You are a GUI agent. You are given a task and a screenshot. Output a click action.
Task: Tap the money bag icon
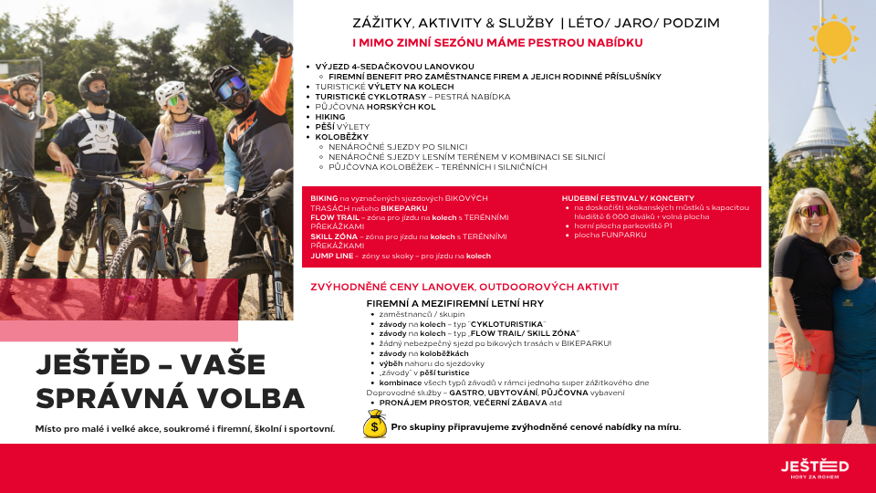[x=375, y=425]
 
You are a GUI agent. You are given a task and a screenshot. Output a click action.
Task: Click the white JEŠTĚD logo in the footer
[x=814, y=467]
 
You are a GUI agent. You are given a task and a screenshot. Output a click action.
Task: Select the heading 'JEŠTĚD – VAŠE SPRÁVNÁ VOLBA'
[x=170, y=382]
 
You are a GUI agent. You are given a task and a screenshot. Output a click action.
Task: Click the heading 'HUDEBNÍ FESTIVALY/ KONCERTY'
[x=628, y=198]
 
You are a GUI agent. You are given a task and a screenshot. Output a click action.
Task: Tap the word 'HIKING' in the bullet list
[x=330, y=117]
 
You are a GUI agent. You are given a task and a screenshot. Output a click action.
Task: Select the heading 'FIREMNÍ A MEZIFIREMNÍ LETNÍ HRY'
[x=454, y=302]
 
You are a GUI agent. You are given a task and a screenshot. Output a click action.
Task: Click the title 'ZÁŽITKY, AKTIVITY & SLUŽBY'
[x=453, y=23]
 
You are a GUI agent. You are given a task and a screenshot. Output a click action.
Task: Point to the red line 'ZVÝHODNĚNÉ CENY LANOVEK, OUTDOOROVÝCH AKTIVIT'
[x=464, y=287]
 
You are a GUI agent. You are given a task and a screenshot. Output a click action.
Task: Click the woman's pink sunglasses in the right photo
[x=814, y=211]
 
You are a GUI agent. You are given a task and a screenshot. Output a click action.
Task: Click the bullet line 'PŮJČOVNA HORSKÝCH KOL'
[x=375, y=107]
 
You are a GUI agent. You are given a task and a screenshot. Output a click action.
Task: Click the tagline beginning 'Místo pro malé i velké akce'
[x=185, y=428]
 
